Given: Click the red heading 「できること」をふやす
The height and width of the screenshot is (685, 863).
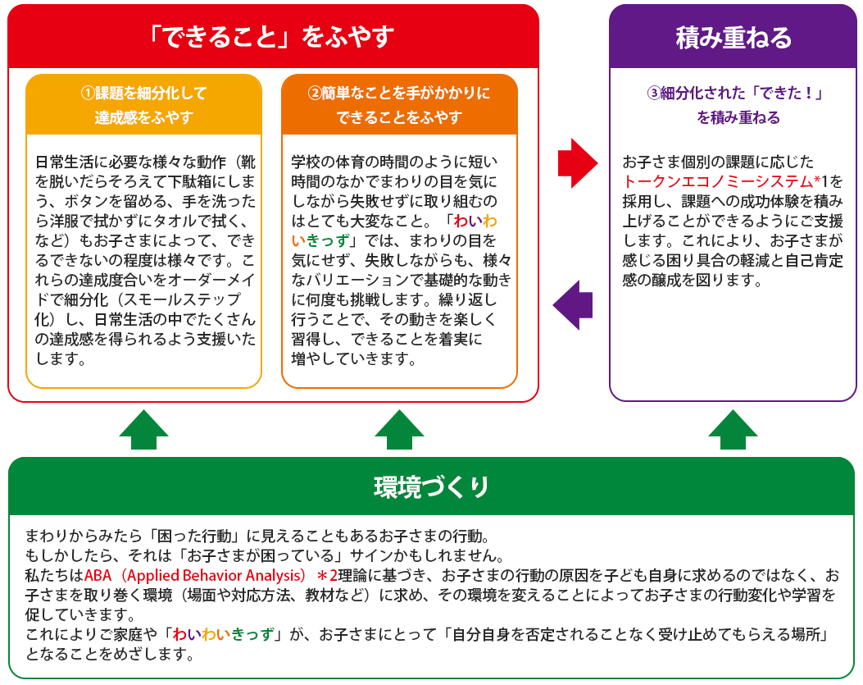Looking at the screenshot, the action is pyautogui.click(x=271, y=36).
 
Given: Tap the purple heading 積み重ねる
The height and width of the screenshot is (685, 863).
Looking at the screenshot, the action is pyautogui.click(x=734, y=38).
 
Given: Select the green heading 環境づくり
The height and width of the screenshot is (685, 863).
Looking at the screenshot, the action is pyautogui.click(x=431, y=486).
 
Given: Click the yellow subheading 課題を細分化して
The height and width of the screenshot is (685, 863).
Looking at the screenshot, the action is pyautogui.click(x=151, y=93).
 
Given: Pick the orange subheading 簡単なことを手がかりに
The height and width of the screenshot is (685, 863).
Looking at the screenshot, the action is pyautogui.click(x=406, y=93).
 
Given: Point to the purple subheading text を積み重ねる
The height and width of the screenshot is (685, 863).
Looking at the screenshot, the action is pyautogui.click(x=738, y=117).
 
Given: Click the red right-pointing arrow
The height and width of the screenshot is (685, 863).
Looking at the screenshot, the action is pyautogui.click(x=577, y=163).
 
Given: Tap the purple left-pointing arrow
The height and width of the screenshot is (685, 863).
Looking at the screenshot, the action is pyautogui.click(x=572, y=305).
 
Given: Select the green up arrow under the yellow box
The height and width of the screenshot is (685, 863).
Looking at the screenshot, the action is pyautogui.click(x=143, y=429).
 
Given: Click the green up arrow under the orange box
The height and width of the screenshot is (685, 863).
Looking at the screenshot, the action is pyautogui.click(x=399, y=429).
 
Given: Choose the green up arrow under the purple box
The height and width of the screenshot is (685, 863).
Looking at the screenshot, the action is pyautogui.click(x=733, y=429).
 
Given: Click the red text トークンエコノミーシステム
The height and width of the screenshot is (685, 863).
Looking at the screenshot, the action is pyautogui.click(x=718, y=181).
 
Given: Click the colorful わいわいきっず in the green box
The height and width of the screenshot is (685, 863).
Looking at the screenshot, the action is pyautogui.click(x=224, y=634).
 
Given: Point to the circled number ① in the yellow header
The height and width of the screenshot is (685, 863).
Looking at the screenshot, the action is pyautogui.click(x=88, y=93).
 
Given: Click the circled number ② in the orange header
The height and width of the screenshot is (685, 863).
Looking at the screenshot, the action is pyautogui.click(x=314, y=93).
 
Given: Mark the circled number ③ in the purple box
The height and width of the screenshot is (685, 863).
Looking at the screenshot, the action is pyautogui.click(x=653, y=93).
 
